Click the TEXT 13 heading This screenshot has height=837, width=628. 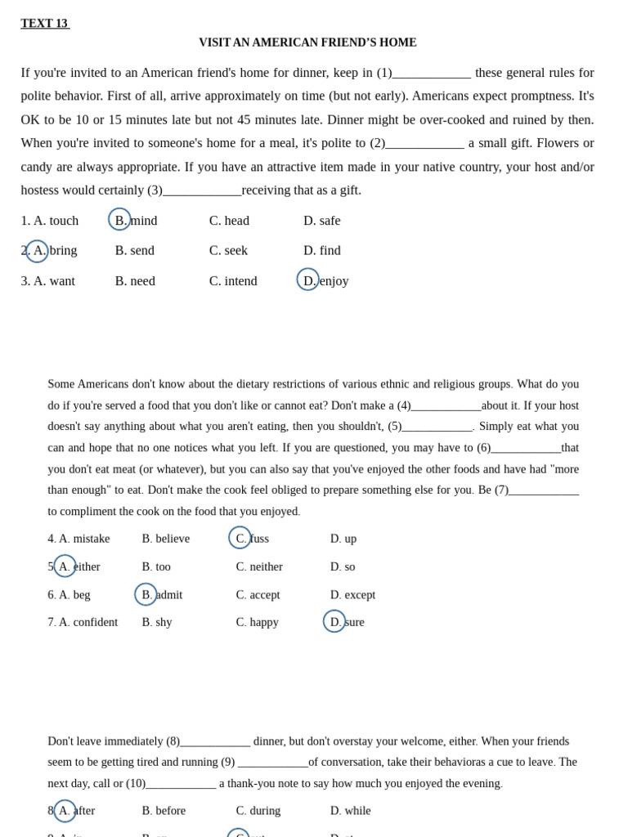coord(45,24)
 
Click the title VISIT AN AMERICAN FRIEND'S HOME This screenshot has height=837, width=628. coord(307,43)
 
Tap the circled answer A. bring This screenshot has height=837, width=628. coord(54,250)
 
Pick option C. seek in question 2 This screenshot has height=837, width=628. coord(228,250)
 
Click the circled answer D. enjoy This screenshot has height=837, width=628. coord(325,280)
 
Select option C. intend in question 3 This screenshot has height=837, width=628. coord(233,280)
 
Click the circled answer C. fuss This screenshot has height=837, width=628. coord(251,538)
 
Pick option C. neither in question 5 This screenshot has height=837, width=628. coord(259,566)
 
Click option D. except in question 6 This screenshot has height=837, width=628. coord(352,594)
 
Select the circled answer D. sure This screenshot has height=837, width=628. coord(346,622)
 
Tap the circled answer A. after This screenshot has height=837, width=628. coord(75,811)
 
